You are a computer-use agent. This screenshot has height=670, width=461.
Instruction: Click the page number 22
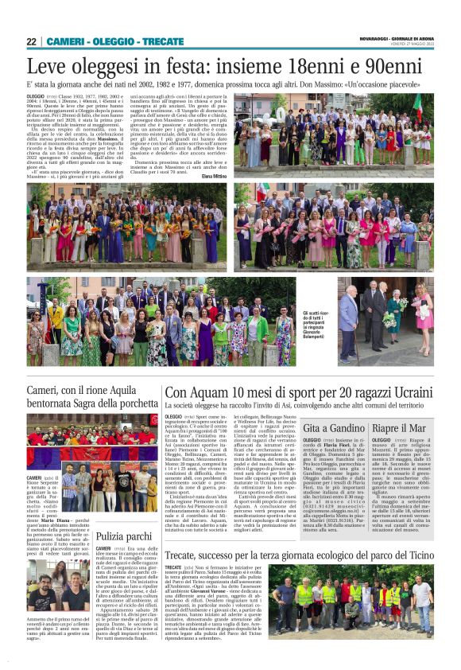point(32,41)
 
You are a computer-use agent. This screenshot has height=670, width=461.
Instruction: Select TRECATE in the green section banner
point(164,41)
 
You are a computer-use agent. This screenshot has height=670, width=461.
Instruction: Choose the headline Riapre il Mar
point(397,429)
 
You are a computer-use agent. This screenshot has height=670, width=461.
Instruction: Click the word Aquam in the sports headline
point(225,393)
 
